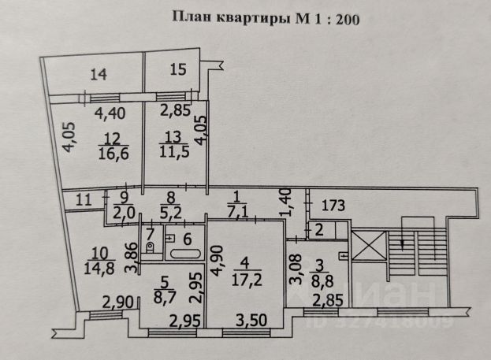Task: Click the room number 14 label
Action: (98, 75)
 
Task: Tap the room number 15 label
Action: (178, 70)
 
